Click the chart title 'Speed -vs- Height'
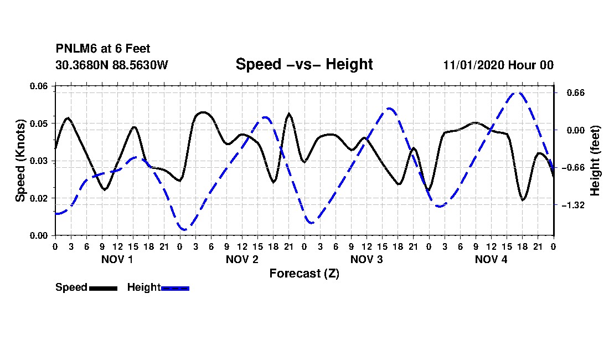(x=304, y=64)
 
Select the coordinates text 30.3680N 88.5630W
(x=112, y=65)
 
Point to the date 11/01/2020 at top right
(x=474, y=65)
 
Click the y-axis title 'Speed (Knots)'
(x=20, y=161)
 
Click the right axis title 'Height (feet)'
(x=595, y=161)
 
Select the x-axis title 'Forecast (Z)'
(x=304, y=274)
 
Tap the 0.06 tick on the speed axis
(x=39, y=86)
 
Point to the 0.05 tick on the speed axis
(x=39, y=124)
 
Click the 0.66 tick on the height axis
(x=576, y=93)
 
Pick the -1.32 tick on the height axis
(x=573, y=205)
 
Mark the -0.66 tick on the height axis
(x=573, y=168)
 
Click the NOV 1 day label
(x=117, y=259)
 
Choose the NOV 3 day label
(x=367, y=259)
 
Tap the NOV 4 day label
(x=491, y=259)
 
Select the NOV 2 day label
(x=242, y=259)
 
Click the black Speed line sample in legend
(x=104, y=288)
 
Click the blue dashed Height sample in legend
(x=175, y=288)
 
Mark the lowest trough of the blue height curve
(x=183, y=229)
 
